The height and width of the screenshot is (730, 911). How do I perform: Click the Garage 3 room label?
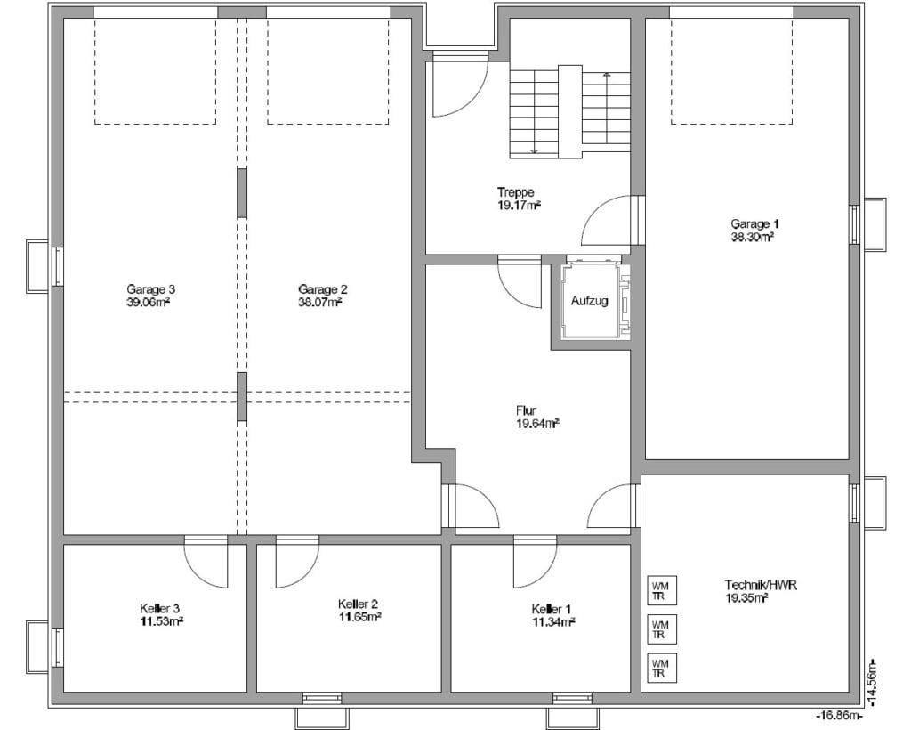(150, 288)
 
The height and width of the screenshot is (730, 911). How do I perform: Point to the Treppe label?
(515, 191)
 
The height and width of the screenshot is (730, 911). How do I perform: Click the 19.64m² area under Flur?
(537, 424)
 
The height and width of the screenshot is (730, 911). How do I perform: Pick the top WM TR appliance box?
(662, 591)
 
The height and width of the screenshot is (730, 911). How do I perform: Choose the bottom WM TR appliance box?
(662, 669)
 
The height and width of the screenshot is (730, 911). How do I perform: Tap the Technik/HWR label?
(761, 585)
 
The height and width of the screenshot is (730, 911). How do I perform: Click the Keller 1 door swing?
(535, 562)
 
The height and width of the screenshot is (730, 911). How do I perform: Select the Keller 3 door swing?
(206, 562)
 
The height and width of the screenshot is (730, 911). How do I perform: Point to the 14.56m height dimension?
(872, 682)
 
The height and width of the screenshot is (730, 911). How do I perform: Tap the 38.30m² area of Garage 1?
(753, 237)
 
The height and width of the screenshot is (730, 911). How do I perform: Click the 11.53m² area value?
(162, 621)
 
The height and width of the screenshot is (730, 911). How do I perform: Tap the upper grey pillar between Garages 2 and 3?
(242, 193)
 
